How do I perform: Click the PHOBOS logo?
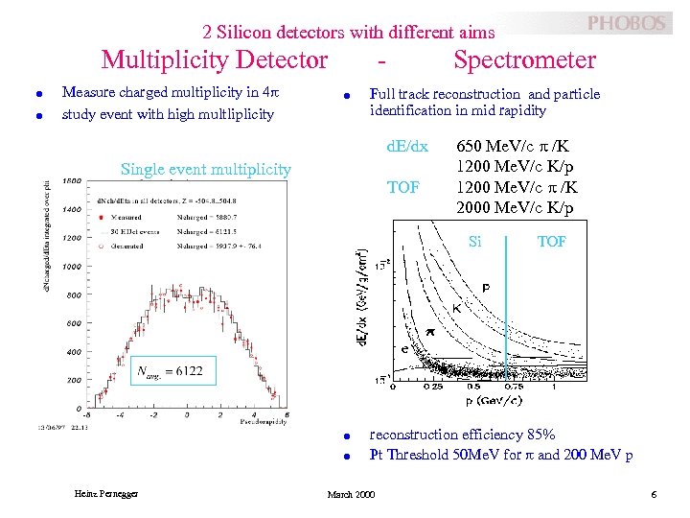point(626,23)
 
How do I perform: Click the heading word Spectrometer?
point(524,60)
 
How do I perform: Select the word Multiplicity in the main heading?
point(164,60)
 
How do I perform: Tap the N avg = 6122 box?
point(170,370)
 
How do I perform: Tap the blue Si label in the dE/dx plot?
point(474,242)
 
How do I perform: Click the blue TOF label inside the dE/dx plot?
point(551,242)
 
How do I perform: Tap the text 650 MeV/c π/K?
point(517,147)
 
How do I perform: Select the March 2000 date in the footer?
point(352,494)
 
